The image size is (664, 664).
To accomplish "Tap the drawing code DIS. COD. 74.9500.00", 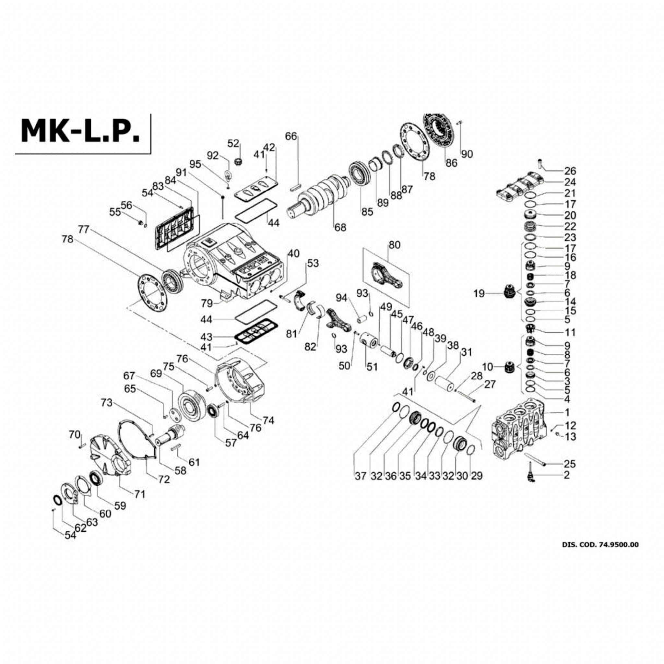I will [600, 554].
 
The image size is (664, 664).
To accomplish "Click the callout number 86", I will [452, 163].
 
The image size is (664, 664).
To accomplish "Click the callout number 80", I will [395, 245].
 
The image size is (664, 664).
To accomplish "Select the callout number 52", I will [233, 143].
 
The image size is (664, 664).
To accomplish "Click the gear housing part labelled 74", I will [241, 382].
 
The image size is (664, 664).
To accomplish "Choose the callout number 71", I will [139, 494].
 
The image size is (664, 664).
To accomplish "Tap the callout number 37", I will [361, 476].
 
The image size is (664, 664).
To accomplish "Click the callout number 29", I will [477, 476].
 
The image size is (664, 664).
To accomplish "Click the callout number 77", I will [83, 230].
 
